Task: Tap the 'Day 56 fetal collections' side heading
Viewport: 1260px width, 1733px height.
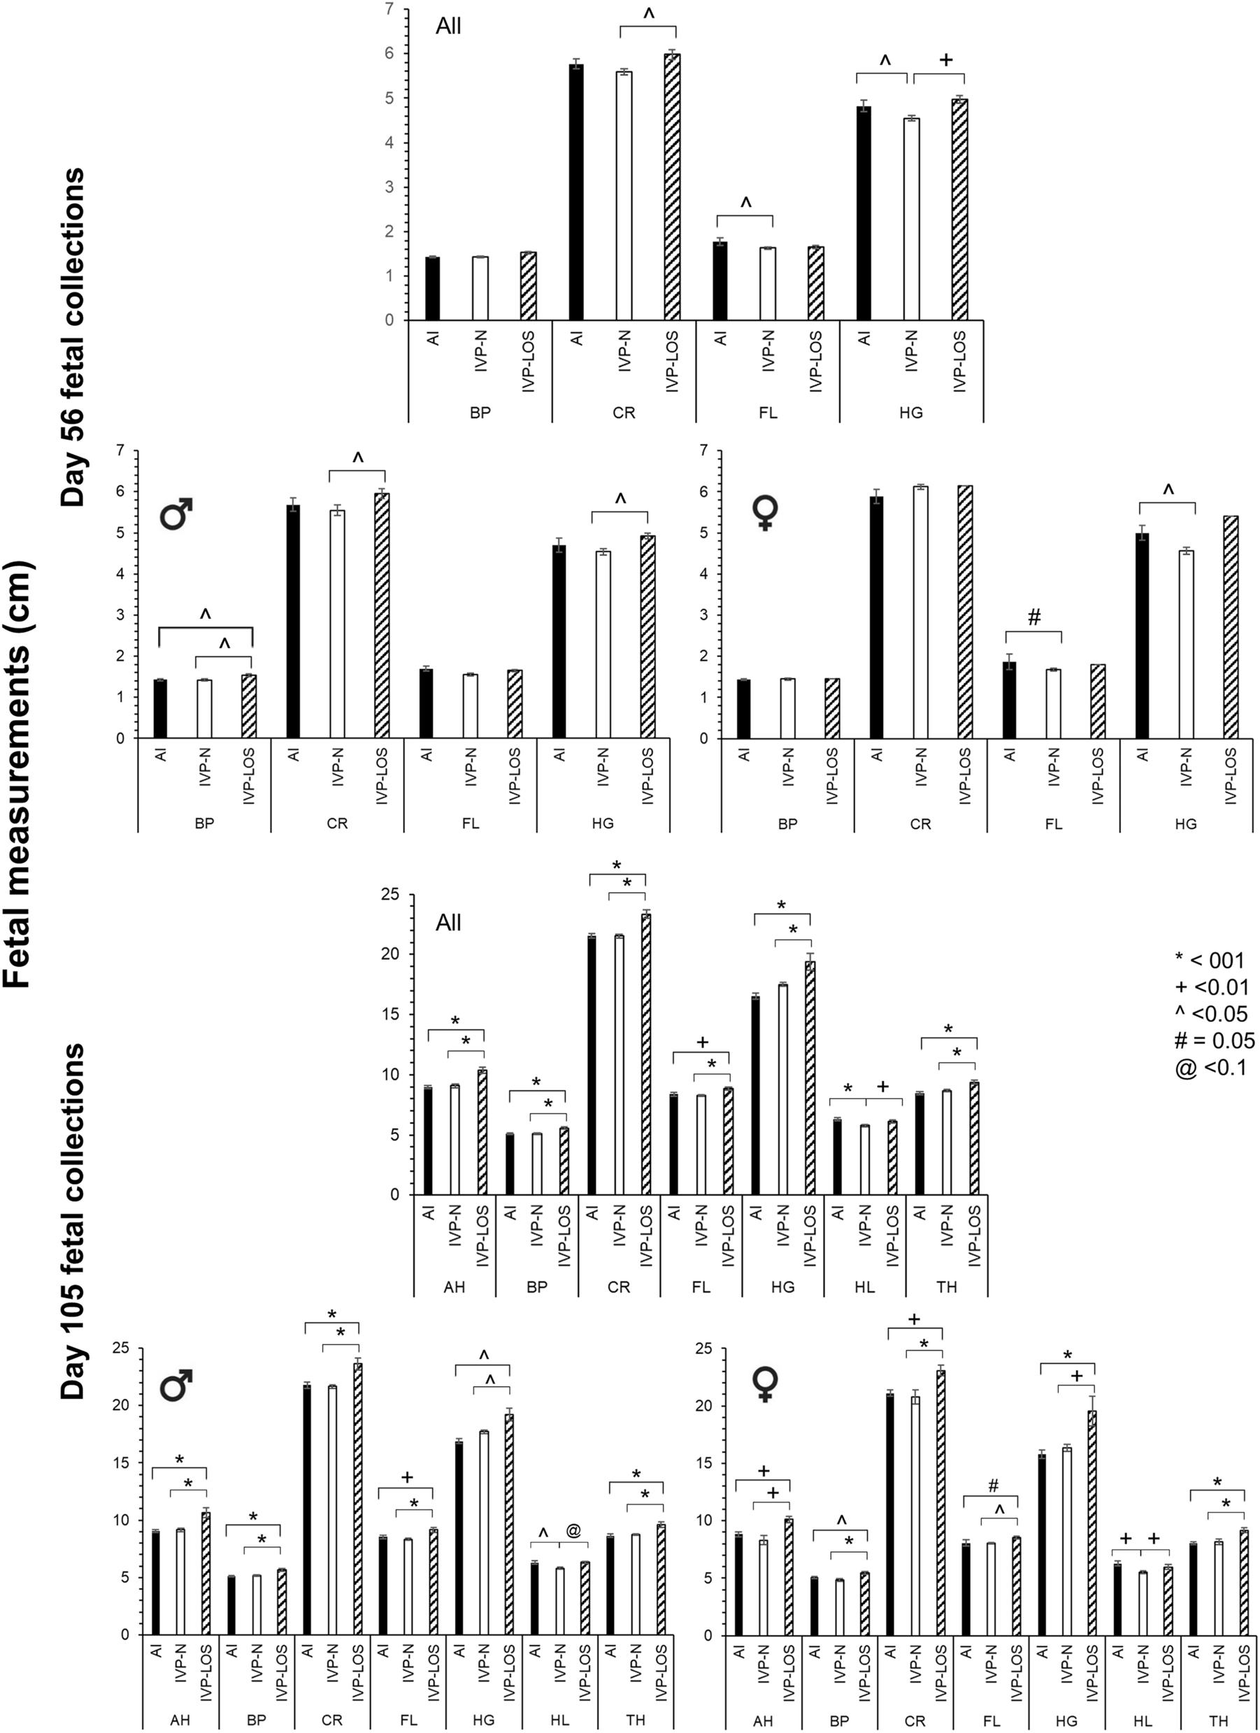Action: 74,337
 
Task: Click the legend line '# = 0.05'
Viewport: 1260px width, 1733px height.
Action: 1214,1040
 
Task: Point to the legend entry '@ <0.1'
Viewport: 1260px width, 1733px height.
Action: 1210,1067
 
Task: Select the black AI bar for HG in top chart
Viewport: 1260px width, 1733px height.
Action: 864,213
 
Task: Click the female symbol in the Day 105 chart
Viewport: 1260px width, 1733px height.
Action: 765,1383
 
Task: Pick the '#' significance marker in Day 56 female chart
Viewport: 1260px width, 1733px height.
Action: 1034,619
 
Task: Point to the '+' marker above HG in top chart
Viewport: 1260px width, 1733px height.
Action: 945,59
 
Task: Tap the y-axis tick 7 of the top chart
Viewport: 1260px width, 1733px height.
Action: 389,9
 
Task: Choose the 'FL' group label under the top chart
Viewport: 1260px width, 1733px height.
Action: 767,413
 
